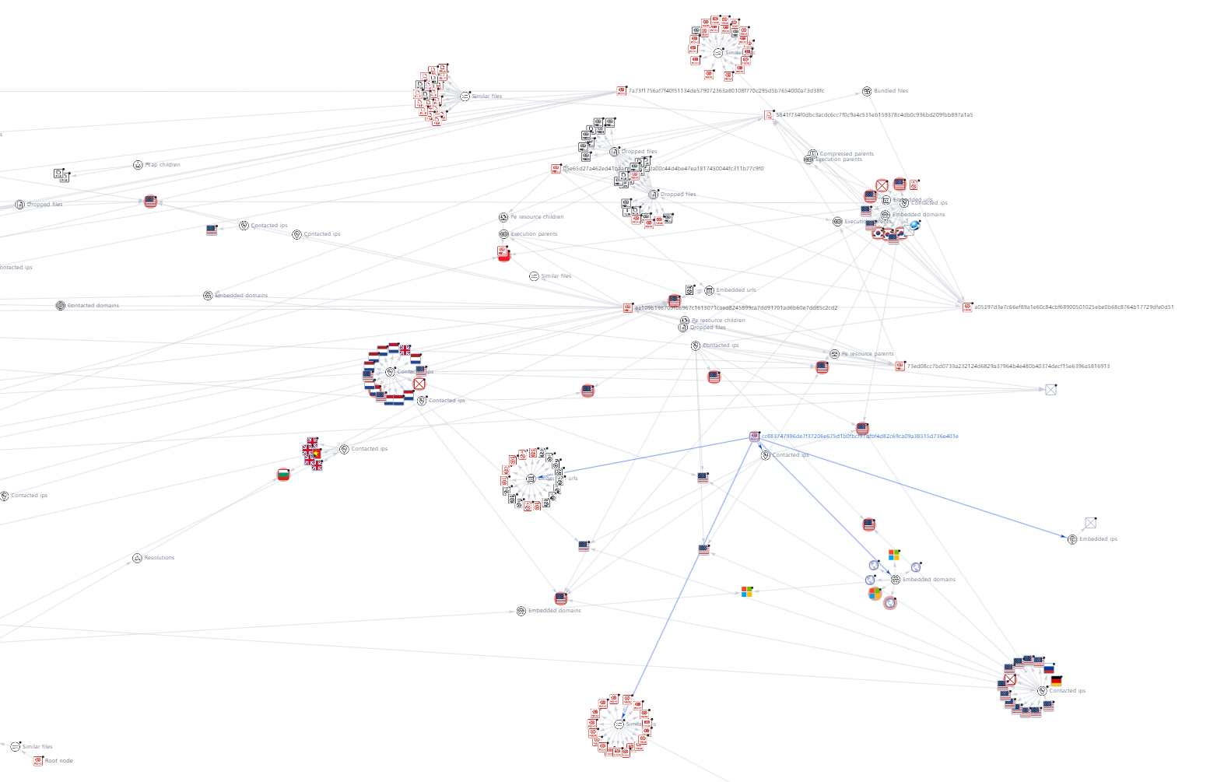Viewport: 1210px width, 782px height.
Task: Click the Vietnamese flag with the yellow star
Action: point(316,453)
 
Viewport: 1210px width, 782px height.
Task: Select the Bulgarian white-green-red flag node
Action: point(283,475)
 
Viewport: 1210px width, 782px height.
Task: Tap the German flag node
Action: point(1056,681)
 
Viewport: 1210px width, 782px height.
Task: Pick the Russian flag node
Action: point(1048,668)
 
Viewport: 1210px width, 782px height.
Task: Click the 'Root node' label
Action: point(58,761)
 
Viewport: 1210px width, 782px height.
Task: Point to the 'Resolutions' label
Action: point(159,558)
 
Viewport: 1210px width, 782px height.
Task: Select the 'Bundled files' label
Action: point(890,91)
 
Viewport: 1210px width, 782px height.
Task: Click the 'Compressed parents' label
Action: point(846,153)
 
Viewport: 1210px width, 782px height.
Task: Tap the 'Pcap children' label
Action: point(162,165)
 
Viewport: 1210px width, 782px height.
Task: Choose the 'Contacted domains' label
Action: point(93,306)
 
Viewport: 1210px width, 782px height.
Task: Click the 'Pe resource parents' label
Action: point(867,354)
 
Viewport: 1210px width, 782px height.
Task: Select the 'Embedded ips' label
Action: point(1098,539)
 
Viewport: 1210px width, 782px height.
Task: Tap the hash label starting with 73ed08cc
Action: point(1008,366)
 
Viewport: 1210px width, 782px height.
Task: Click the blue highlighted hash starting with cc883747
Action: point(859,437)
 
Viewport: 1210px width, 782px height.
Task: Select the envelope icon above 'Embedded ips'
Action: point(1090,523)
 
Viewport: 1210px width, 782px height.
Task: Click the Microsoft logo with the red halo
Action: point(875,594)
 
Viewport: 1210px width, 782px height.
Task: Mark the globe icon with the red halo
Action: point(890,603)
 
